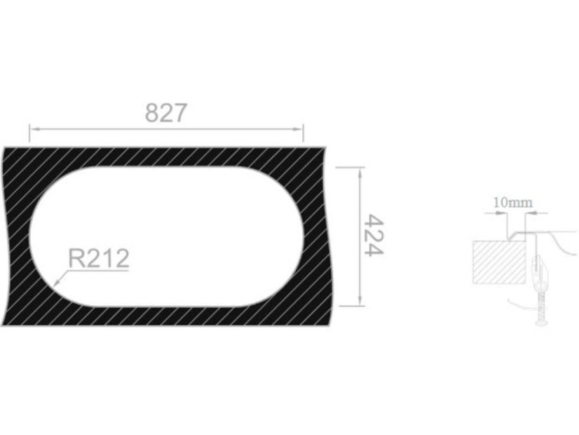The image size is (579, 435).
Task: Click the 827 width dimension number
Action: tap(166, 113)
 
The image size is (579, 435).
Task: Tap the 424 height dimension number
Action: tap(374, 235)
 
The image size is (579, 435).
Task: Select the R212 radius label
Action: tap(99, 258)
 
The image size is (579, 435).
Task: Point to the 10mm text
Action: tap(513, 203)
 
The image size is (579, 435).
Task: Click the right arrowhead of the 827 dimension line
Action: tap(299, 129)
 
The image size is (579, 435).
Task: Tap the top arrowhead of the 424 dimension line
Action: tap(360, 172)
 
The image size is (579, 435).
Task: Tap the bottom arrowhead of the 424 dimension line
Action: tap(360, 301)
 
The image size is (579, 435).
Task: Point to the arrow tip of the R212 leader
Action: tap(55, 286)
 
